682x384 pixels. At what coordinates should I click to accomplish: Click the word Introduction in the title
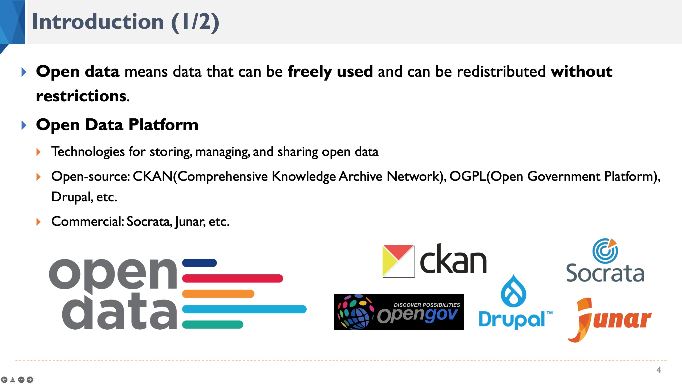[98, 22]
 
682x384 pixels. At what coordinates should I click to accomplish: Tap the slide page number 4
[659, 370]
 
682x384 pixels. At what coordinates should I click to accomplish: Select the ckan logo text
[453, 260]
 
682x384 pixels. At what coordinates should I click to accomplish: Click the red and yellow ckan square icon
[398, 261]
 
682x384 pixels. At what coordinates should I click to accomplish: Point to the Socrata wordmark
[605, 273]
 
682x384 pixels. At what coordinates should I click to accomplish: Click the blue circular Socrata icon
[605, 251]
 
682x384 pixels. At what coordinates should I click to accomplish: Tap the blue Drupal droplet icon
[513, 292]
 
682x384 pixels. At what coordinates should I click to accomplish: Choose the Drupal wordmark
[511, 319]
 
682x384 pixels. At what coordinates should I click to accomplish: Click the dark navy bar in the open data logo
[199, 263]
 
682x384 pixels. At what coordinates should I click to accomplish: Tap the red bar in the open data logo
[232, 278]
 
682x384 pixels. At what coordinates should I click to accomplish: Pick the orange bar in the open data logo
[218, 294]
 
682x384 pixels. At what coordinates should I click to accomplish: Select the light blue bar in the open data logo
[244, 309]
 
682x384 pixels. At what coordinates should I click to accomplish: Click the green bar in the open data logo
[213, 325]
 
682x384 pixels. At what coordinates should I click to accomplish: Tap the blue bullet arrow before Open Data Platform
[24, 125]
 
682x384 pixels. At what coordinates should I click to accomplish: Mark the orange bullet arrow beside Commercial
[39, 222]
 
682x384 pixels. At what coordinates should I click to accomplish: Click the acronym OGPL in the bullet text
[468, 177]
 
